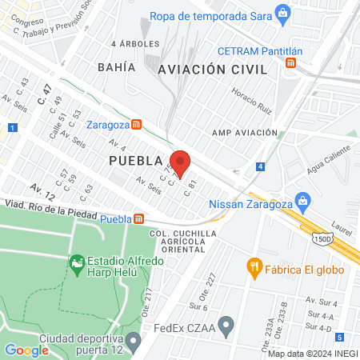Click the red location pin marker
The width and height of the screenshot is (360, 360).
(180, 163)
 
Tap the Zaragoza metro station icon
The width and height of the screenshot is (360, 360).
(138, 125)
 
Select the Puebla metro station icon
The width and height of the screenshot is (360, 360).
(139, 218)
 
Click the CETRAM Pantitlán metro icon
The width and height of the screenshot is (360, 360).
(292, 62)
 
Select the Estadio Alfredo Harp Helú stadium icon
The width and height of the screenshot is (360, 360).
(77, 262)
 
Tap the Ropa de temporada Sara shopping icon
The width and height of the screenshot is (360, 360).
(282, 13)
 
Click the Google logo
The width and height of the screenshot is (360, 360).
(26, 350)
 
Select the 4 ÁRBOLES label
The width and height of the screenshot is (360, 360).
(135, 43)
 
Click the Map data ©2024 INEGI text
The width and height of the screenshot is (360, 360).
(312, 353)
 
